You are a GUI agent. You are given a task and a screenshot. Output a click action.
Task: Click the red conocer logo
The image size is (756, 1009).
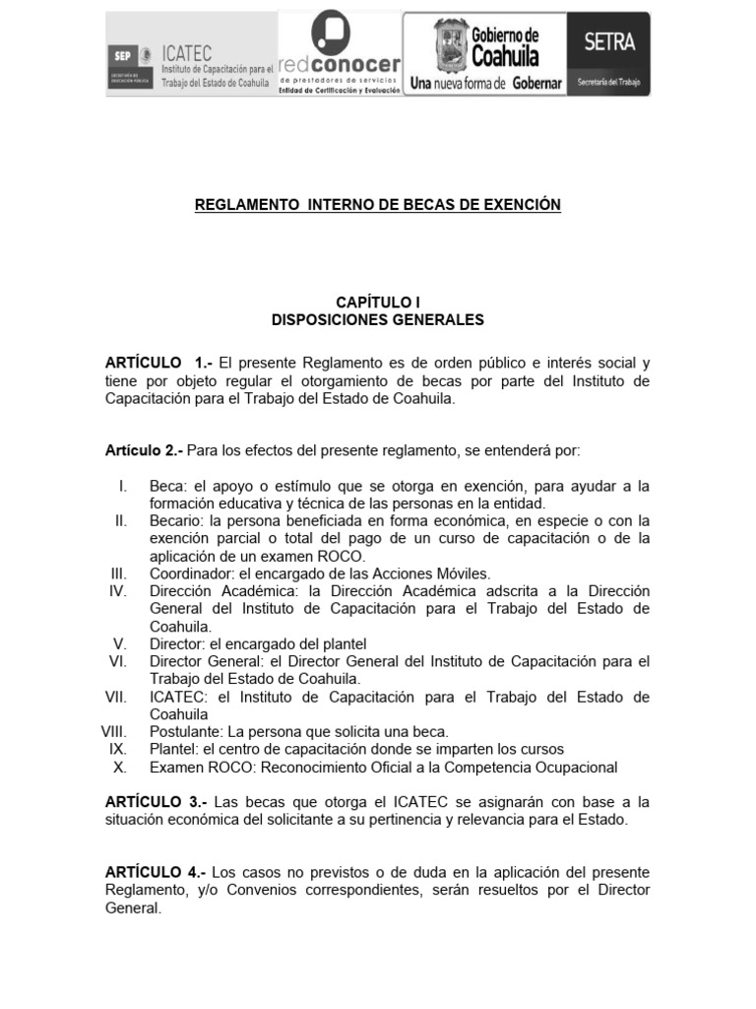(x=340, y=53)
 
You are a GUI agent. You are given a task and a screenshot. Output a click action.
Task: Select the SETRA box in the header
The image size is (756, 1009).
(x=609, y=53)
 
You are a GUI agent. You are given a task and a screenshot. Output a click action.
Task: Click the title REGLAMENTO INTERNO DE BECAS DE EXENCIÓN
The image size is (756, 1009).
(x=377, y=205)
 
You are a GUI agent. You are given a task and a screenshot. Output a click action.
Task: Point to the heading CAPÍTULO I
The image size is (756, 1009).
(x=378, y=303)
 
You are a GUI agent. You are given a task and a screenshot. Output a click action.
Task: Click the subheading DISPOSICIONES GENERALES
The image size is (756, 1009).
(x=378, y=320)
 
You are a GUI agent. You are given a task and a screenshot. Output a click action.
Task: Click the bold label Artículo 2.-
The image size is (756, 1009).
(x=144, y=450)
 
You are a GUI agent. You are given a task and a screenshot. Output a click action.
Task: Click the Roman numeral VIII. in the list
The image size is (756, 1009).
(x=115, y=732)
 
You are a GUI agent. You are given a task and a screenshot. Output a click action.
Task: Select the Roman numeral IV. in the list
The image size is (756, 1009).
(x=118, y=591)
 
